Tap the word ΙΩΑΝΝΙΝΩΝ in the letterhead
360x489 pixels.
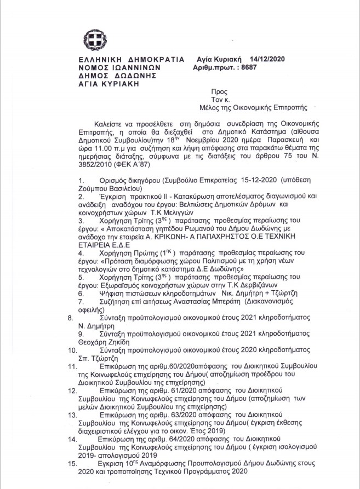tap(135, 68)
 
